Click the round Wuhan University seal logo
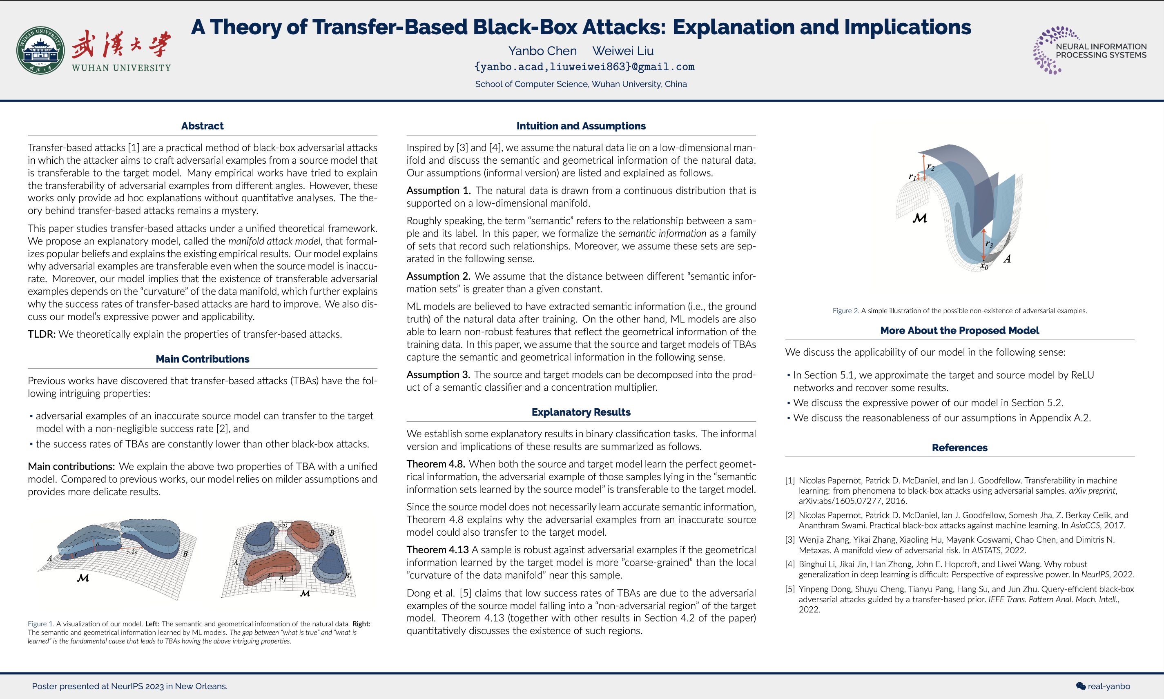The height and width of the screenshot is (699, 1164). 40,50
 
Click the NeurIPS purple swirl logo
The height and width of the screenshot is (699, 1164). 1049,50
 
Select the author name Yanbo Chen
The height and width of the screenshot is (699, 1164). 542,51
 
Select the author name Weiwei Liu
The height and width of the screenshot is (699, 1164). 623,51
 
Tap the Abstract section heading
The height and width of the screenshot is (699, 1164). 202,126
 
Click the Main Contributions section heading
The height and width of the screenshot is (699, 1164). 202,359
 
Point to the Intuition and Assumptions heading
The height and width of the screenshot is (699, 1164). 581,126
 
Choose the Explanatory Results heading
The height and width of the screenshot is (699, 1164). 581,412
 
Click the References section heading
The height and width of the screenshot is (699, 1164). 959,447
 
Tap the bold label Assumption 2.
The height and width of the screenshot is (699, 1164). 438,276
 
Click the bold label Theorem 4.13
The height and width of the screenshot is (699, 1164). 437,550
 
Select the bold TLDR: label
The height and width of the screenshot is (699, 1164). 41,334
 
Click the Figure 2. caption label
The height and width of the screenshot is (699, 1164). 845,311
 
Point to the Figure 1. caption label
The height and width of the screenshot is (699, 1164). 40,623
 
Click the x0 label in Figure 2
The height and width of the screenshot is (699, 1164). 984,267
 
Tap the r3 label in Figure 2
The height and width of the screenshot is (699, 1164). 989,244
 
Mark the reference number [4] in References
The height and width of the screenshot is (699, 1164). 790,564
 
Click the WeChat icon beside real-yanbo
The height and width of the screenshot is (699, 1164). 1081,686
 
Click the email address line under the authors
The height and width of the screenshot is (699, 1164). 584,67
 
